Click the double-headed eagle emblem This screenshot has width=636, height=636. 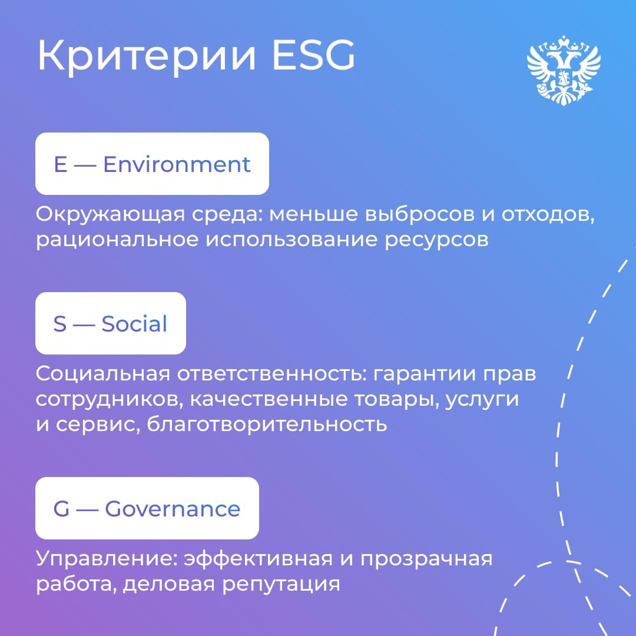tap(563, 70)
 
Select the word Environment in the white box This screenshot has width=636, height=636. tap(177, 164)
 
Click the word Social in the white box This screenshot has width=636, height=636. tap(134, 324)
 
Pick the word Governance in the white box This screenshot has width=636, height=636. tap(173, 509)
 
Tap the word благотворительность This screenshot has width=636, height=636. tap(267, 425)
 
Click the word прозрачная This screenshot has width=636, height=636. tap(426, 559)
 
